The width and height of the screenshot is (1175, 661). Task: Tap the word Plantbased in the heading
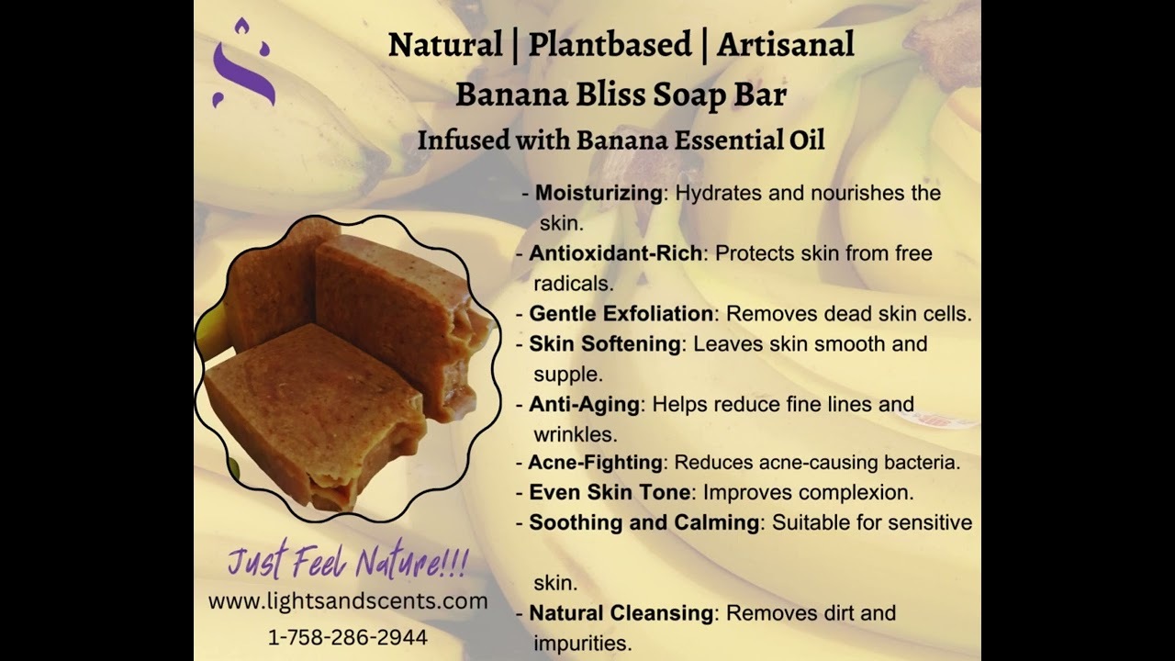pos(610,44)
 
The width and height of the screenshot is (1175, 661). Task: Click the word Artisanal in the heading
pos(785,44)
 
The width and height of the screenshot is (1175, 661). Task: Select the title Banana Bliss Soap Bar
pos(621,95)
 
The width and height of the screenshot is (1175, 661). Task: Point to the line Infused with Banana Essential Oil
pos(621,140)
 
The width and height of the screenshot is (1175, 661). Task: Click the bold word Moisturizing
pos(599,193)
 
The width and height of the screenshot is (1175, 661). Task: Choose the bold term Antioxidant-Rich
pos(615,253)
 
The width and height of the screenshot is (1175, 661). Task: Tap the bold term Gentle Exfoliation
pos(621,314)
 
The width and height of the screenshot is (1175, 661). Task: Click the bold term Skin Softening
pos(605,344)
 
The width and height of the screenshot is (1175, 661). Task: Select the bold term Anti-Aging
pos(585,405)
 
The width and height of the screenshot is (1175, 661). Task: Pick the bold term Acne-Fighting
pos(596,463)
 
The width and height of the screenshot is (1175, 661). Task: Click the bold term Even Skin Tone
pos(610,493)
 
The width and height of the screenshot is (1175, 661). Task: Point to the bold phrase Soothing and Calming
pos(644,522)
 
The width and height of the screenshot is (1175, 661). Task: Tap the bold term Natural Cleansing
pos(621,613)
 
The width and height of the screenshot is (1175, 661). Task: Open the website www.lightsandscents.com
pos(348,601)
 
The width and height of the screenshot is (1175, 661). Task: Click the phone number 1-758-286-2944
pos(348,637)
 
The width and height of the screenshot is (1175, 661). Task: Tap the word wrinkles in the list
pos(576,435)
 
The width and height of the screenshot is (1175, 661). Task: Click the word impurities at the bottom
pos(583,644)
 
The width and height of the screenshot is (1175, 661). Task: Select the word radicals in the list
pos(574,284)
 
